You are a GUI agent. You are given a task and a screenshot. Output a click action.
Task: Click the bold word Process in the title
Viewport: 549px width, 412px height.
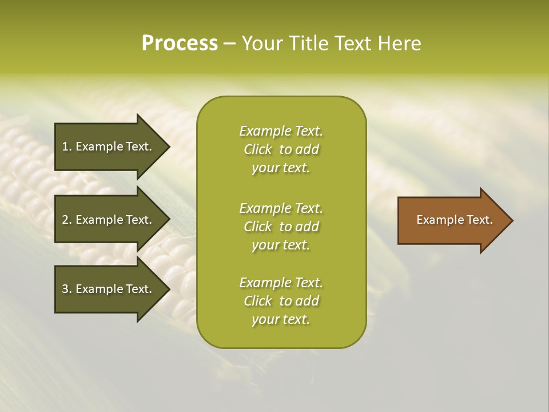pyautogui.click(x=180, y=43)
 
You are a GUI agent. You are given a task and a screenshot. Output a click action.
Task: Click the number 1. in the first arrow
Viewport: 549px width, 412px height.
pyautogui.click(x=66, y=146)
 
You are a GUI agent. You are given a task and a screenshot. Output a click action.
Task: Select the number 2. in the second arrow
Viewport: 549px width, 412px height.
pyautogui.click(x=66, y=220)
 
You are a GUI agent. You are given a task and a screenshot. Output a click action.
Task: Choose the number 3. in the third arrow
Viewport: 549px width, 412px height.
pyautogui.click(x=66, y=289)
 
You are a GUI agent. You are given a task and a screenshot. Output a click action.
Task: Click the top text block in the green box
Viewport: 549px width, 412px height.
pyautogui.click(x=281, y=149)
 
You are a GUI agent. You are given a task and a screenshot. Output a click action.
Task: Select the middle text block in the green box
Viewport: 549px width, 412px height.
pyautogui.click(x=281, y=227)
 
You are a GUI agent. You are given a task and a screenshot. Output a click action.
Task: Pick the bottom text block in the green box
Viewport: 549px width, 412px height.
pyautogui.click(x=281, y=301)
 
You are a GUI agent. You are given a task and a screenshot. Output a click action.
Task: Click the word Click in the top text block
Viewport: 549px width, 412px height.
pyautogui.click(x=258, y=149)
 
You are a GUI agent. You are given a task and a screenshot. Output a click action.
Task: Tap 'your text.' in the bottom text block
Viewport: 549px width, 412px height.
pyautogui.click(x=281, y=319)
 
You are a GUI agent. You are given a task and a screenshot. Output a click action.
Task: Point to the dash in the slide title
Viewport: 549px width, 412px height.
pyautogui.click(x=230, y=43)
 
